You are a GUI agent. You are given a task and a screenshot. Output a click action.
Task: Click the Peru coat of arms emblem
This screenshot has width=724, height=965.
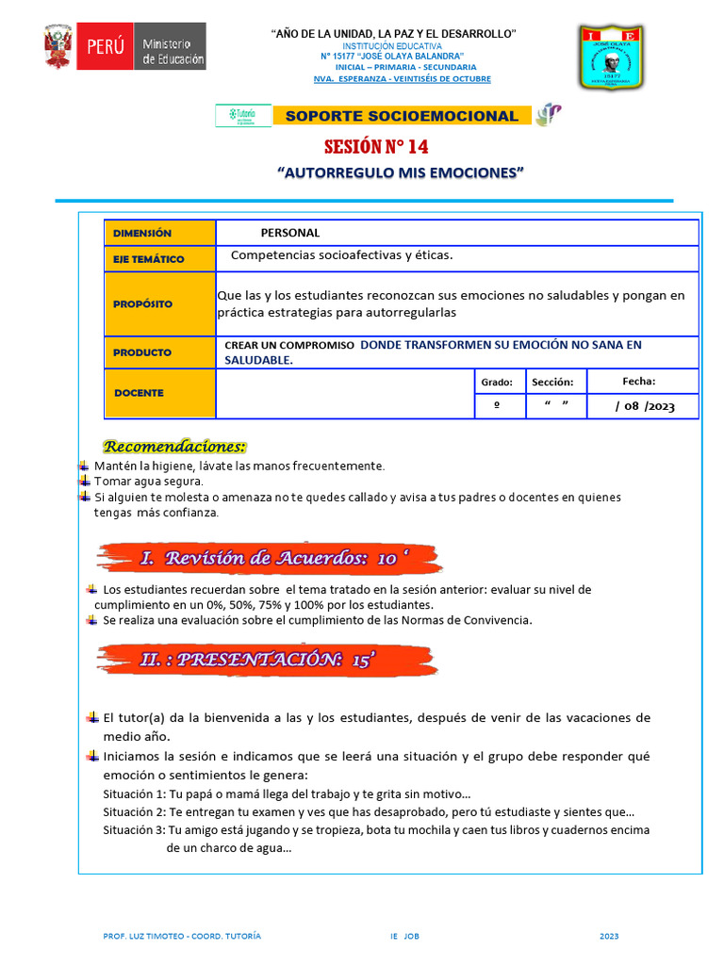tap(58, 46)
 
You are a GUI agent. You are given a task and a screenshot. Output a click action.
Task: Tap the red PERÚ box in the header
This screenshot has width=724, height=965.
tap(106, 46)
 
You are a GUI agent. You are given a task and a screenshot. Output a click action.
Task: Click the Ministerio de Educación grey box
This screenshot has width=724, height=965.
tap(172, 46)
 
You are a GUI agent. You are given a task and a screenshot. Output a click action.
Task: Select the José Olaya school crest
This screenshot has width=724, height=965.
tap(610, 58)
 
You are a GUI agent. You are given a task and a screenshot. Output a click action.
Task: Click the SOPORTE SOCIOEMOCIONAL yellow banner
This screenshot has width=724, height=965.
tap(401, 116)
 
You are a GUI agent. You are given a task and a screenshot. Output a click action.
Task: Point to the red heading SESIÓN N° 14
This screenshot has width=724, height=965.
tap(382, 147)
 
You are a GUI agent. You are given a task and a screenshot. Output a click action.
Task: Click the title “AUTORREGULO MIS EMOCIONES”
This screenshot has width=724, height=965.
tap(401, 173)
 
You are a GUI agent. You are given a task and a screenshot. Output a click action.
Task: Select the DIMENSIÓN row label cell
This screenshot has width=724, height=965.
tap(159, 233)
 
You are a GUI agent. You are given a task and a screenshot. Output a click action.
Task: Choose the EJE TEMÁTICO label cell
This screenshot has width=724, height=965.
tap(159, 259)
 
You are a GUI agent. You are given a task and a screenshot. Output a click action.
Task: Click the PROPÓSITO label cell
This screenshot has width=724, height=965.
tap(159, 304)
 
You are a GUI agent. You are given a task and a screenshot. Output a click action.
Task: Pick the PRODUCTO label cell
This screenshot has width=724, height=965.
tap(159, 352)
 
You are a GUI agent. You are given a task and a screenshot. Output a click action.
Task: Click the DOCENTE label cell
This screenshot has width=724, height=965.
tap(159, 393)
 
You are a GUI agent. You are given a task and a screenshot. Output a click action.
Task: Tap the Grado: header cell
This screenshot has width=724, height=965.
tap(497, 382)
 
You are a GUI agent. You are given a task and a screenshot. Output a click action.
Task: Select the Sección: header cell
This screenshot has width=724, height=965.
tap(551, 382)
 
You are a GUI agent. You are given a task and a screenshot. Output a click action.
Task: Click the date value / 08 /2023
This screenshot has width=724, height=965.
tap(644, 406)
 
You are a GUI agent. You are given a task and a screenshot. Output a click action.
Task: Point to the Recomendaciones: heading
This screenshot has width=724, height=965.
tap(174, 446)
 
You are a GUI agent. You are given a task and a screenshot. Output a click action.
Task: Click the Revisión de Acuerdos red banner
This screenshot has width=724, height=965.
tap(269, 558)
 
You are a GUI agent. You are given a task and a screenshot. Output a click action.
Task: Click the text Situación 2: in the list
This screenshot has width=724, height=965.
tap(135, 812)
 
